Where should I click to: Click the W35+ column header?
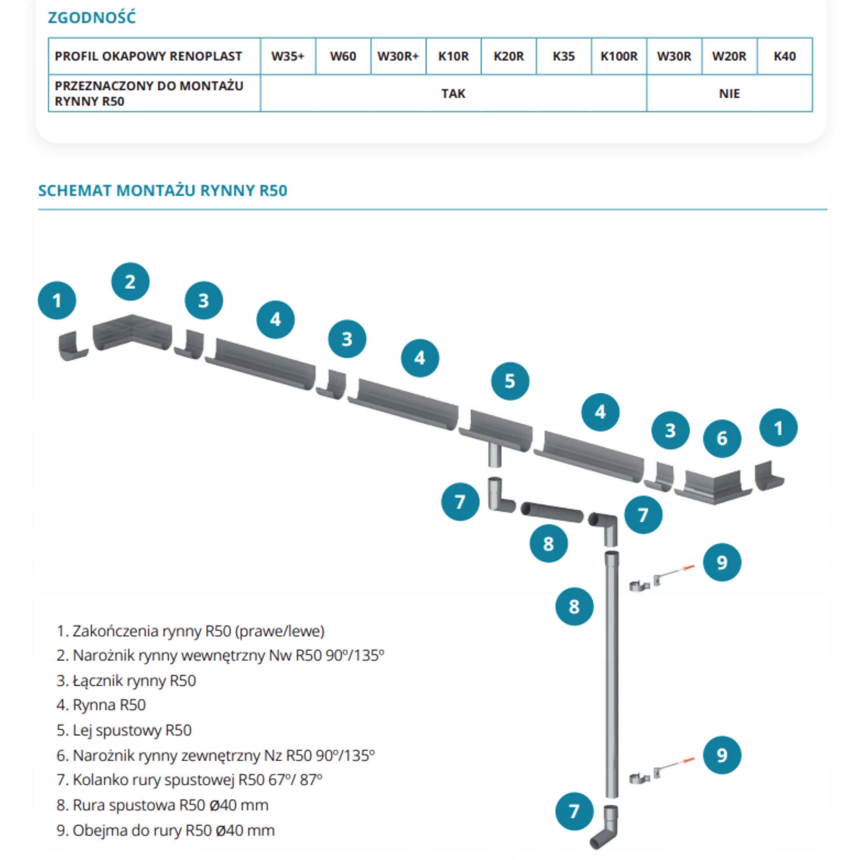click(x=288, y=56)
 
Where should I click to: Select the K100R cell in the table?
click(x=619, y=56)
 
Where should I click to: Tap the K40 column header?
click(x=784, y=56)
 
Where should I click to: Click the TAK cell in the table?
click(x=453, y=93)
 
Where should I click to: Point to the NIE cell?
click(x=729, y=93)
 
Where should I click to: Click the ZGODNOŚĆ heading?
click(x=92, y=18)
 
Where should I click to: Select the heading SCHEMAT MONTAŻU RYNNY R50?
click(x=163, y=190)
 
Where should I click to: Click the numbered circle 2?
click(x=130, y=282)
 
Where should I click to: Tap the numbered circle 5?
click(x=510, y=381)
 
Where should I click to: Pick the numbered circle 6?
click(x=722, y=438)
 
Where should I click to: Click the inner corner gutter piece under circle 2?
click(x=132, y=333)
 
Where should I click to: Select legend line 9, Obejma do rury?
click(x=166, y=830)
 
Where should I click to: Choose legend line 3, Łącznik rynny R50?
click(x=126, y=680)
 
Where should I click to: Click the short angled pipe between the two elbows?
click(x=552, y=512)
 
